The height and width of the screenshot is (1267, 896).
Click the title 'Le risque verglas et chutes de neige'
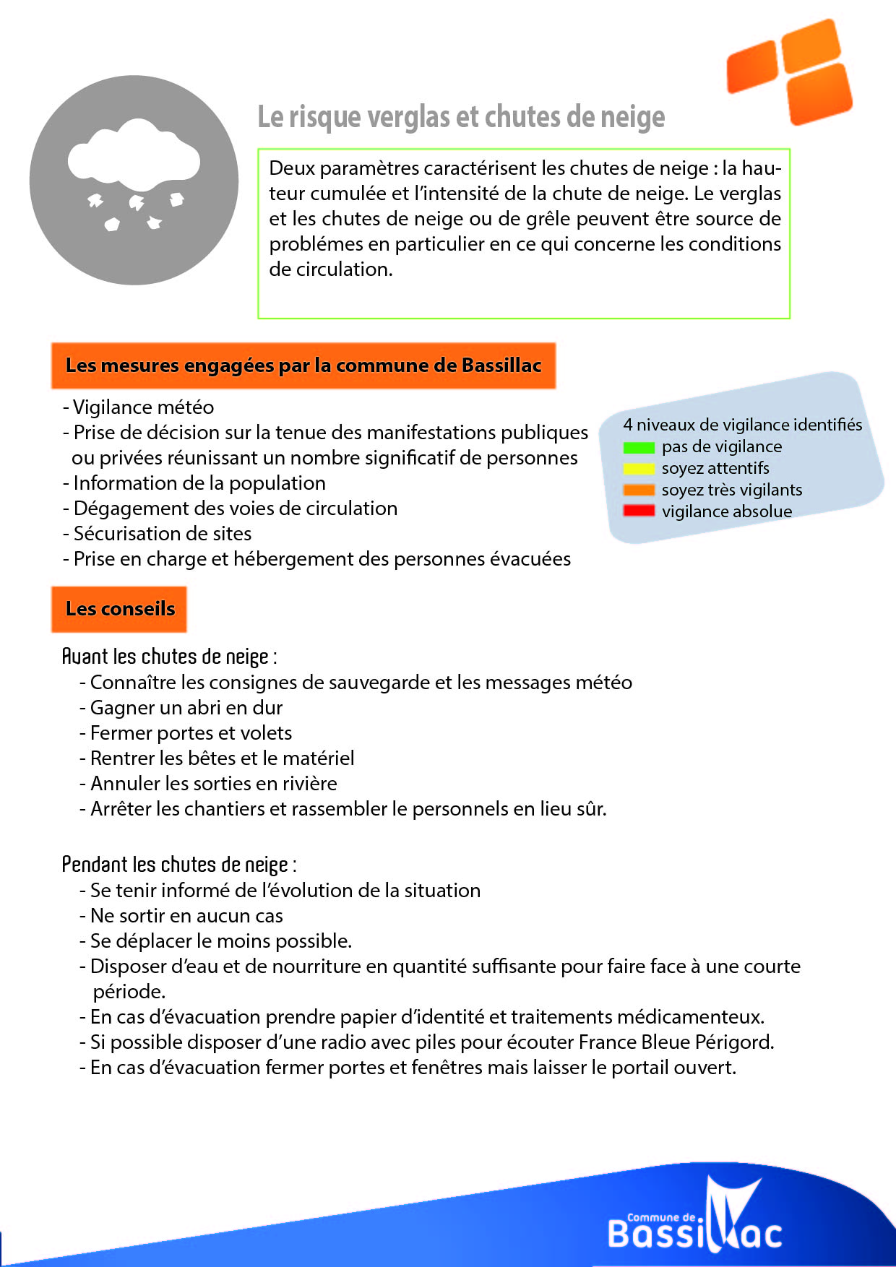tap(461, 117)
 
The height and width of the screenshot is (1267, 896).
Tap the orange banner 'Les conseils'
tap(120, 609)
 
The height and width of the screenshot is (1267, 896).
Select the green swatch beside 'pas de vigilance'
tap(639, 448)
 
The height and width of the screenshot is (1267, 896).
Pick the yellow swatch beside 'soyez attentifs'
tap(639, 469)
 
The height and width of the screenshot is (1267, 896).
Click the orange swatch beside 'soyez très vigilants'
tap(639, 490)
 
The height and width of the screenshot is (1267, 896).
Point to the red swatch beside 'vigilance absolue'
tap(639, 511)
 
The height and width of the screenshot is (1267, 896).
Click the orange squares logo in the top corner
tap(790, 71)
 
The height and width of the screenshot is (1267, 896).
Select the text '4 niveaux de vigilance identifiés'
tap(742, 425)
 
